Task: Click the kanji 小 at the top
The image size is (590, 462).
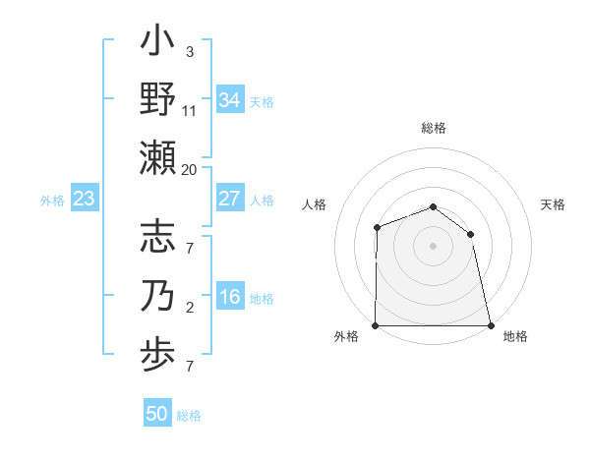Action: point(157,43)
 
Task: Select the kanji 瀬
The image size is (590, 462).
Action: point(157,156)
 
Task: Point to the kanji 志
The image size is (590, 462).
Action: point(157,240)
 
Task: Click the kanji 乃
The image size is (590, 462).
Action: point(157,296)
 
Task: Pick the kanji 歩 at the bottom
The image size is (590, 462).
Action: point(157,354)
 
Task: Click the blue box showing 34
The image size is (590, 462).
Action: point(229,99)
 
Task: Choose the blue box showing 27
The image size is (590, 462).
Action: point(229,199)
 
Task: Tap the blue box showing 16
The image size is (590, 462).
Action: point(229,298)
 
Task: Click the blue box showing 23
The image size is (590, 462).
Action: point(85,200)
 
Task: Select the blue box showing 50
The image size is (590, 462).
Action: point(157,414)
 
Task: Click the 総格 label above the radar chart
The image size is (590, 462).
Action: point(434,128)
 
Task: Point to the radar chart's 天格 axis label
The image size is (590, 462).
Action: point(553,204)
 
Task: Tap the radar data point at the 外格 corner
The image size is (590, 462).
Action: point(376,325)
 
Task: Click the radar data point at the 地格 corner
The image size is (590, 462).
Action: point(491,325)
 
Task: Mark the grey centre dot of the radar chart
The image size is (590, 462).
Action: point(433,245)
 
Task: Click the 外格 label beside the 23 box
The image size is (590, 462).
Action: point(52,201)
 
